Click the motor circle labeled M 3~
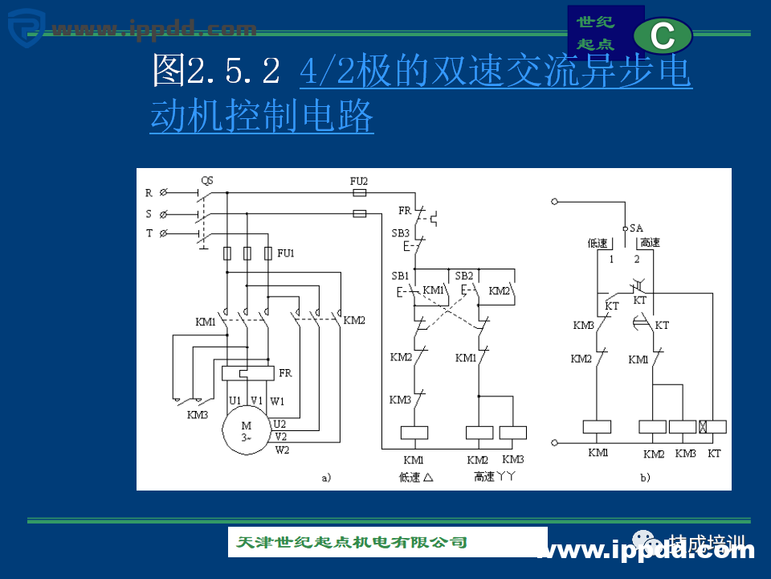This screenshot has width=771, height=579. (247, 432)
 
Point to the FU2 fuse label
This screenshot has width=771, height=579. (359, 180)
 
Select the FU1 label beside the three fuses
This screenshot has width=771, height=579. (286, 253)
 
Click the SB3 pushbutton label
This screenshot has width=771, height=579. (400, 233)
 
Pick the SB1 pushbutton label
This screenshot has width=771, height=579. (400, 275)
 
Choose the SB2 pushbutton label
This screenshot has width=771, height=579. (463, 275)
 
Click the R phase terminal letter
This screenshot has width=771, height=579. (149, 193)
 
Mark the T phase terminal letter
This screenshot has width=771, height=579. (149, 233)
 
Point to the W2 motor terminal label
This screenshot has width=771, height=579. (282, 450)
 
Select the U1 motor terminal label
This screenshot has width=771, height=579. (235, 400)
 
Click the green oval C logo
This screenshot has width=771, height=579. (663, 36)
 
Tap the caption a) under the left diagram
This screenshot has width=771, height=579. (326, 478)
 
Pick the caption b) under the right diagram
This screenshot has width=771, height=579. (644, 478)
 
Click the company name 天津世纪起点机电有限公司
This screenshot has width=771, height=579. (352, 542)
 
